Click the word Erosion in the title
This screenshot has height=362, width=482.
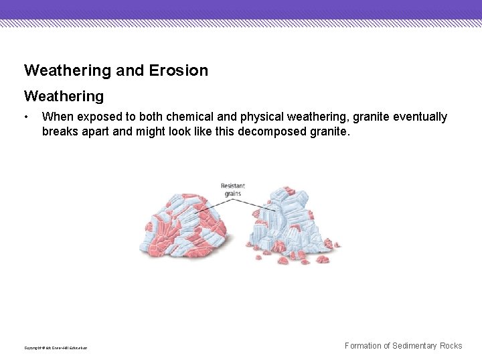[181, 70]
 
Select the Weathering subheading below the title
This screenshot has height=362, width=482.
[64, 97]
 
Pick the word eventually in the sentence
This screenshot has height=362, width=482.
[420, 117]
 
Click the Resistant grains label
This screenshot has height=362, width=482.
[232, 189]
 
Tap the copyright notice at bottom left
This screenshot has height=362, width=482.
[56, 347]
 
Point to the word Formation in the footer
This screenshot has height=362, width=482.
[366, 346]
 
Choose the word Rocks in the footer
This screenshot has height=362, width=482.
[451, 346]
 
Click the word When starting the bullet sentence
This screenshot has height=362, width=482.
[56, 117]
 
